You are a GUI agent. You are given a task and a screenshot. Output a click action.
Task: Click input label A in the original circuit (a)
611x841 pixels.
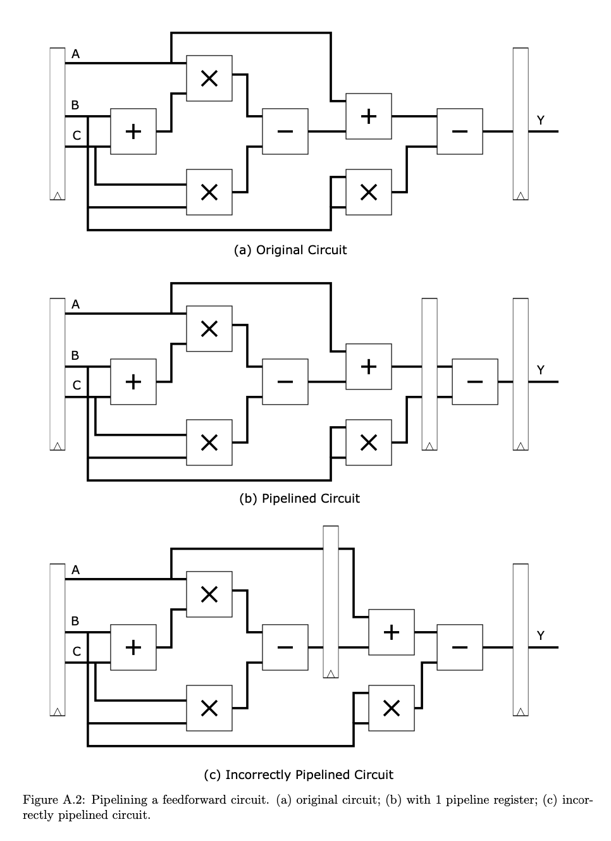pyautogui.click(x=75, y=54)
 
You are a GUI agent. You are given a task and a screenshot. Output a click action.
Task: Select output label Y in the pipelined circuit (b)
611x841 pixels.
pyautogui.click(x=540, y=370)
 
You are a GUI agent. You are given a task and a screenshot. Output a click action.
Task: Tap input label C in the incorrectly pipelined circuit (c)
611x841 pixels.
pyautogui.click(x=77, y=651)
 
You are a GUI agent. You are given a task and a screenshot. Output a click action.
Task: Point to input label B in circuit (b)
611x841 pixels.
pyautogui.click(x=75, y=355)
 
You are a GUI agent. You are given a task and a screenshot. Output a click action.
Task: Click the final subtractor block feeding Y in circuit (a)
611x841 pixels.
pyautogui.click(x=460, y=132)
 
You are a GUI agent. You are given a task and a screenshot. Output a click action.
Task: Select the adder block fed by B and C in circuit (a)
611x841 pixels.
pyautogui.click(x=133, y=132)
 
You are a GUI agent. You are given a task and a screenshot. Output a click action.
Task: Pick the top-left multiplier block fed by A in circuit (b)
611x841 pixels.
pyautogui.click(x=209, y=329)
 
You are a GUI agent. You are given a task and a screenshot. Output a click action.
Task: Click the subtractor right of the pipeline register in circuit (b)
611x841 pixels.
pyautogui.click(x=475, y=382)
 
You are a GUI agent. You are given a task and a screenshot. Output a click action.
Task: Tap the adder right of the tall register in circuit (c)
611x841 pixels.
pyautogui.click(x=392, y=632)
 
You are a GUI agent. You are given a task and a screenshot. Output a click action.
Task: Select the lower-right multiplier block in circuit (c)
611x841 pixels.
pyautogui.click(x=392, y=708)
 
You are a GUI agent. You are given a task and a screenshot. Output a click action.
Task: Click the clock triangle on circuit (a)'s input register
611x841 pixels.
pyautogui.click(x=58, y=196)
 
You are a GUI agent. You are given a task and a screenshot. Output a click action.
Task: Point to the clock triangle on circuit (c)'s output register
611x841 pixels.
pyautogui.click(x=521, y=712)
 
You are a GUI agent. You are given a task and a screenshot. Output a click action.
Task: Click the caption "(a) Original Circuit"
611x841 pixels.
pyautogui.click(x=290, y=250)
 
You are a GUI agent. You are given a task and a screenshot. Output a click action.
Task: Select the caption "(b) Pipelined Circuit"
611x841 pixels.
pyautogui.click(x=299, y=498)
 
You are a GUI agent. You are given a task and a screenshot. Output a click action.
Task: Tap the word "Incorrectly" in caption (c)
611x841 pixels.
pyautogui.click(x=259, y=775)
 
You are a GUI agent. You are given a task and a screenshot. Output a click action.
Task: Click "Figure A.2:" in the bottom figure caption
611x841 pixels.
pyautogui.click(x=54, y=800)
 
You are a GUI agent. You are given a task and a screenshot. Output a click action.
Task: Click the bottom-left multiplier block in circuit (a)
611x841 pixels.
pyautogui.click(x=209, y=192)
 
